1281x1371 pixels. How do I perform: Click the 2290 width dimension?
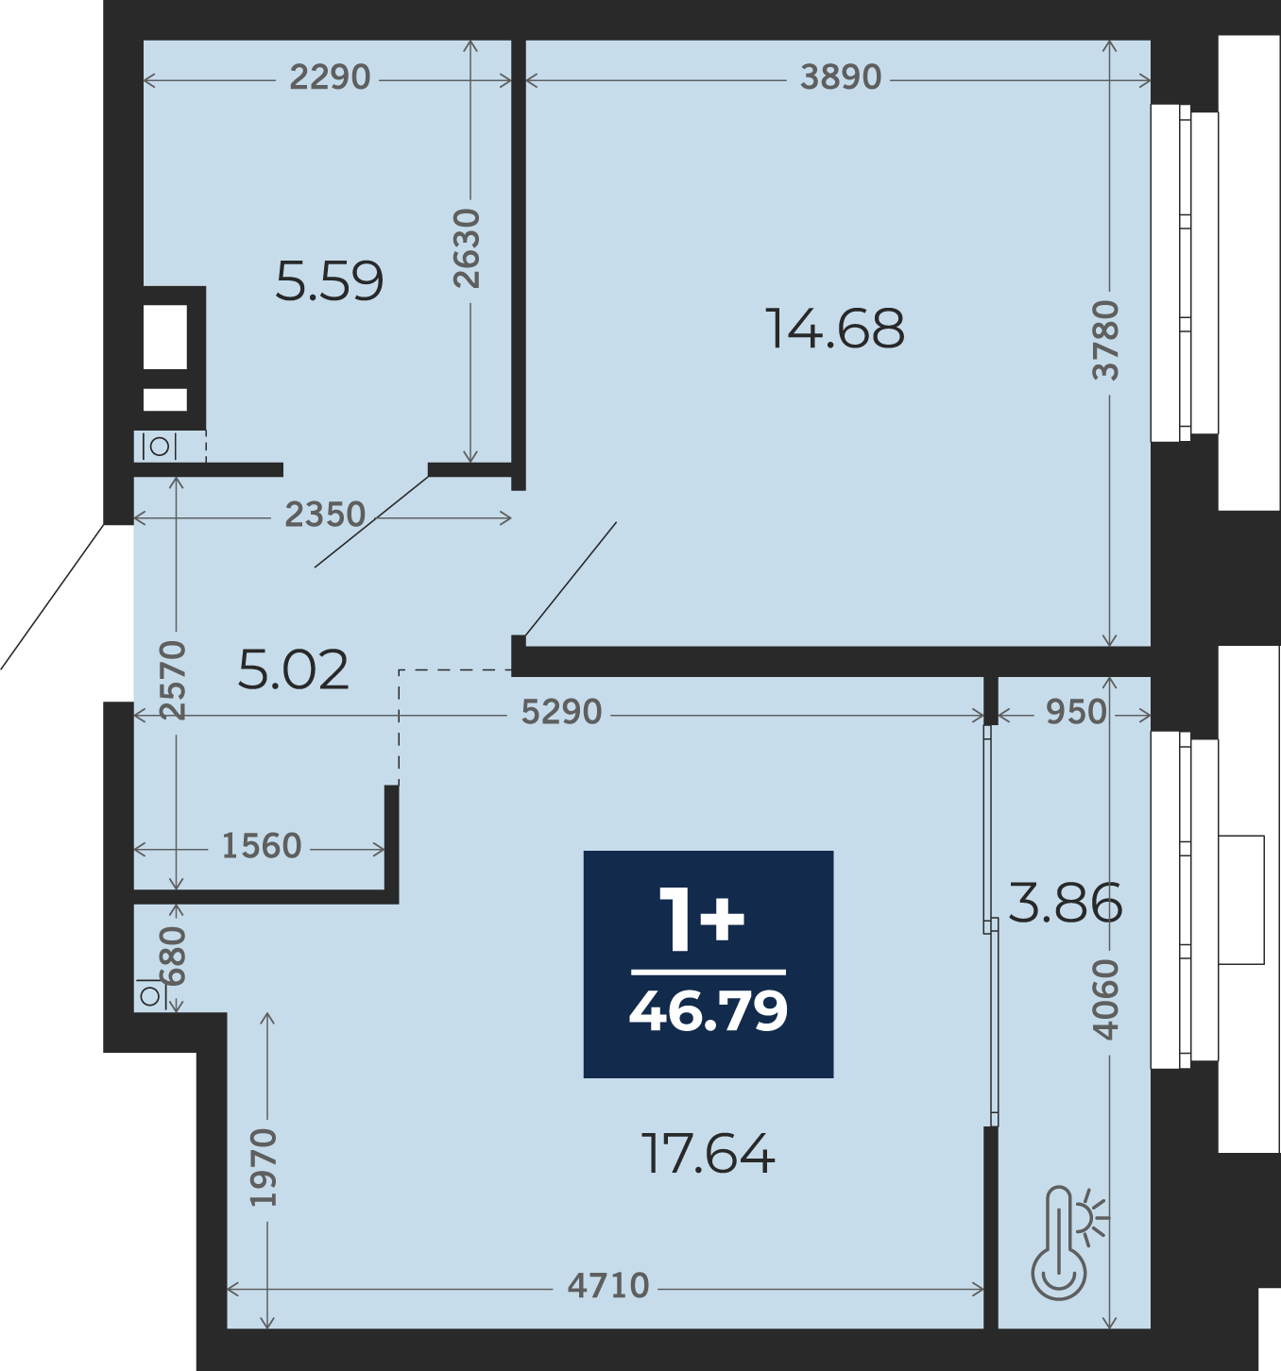330,77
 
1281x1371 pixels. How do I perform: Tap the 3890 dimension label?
841,77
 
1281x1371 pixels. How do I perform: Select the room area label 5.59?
329,281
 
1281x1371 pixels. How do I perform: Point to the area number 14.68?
835,329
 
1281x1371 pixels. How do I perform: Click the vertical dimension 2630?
467,248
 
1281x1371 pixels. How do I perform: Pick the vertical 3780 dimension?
1105,340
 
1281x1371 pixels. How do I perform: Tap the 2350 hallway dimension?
325,515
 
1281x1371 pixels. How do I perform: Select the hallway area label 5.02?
293,669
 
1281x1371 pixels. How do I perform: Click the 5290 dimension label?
562,712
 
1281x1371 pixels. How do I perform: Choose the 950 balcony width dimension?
1076,712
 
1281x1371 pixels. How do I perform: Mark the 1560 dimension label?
261,846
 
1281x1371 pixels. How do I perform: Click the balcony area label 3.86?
1066,904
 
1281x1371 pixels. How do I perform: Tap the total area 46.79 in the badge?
709,1010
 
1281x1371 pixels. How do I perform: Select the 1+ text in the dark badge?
702,919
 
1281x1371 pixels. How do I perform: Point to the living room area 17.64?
709,1154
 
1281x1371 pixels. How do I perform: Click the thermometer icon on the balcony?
1067,1244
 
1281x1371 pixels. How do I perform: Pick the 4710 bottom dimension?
608,1286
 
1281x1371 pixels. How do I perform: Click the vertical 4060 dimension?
1105,1000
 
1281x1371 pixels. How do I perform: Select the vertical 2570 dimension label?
173,680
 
